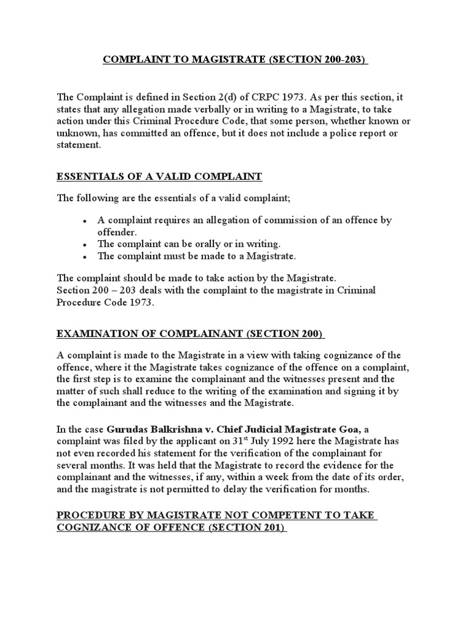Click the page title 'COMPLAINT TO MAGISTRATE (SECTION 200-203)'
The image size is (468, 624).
[x=235, y=60]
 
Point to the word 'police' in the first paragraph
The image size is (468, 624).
[x=323, y=133]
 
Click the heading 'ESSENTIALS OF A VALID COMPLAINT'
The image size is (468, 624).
[x=159, y=177]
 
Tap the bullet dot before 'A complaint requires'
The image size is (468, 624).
[x=84, y=221]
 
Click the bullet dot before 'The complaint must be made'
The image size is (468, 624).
[x=84, y=256]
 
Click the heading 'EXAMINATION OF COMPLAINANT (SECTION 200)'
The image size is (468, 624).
[x=191, y=334]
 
